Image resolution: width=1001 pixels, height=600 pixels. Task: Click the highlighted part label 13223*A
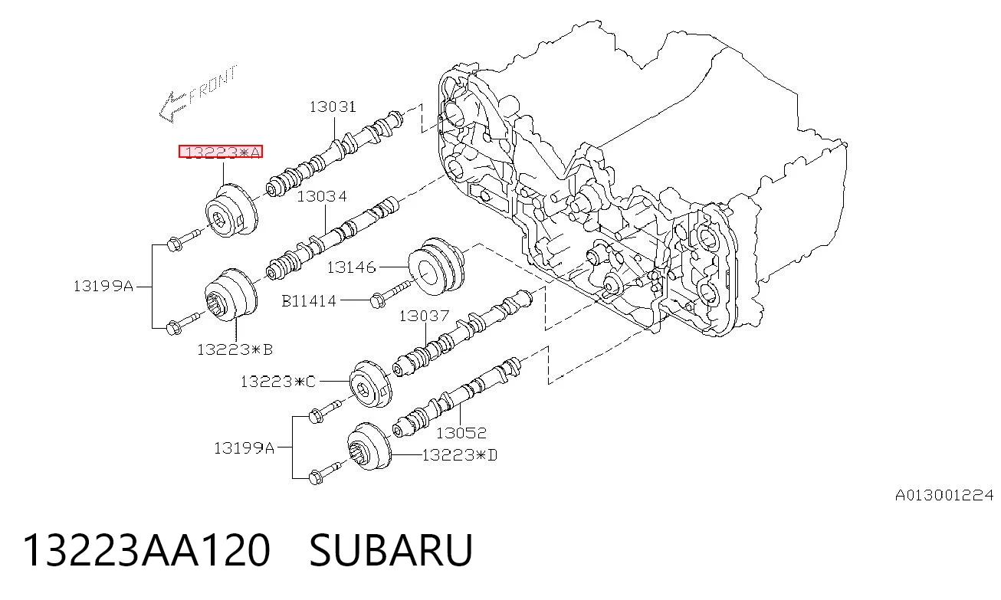pos(221,152)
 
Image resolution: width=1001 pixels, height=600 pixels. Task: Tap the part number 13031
pos(333,107)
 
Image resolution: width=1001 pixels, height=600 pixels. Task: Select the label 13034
pos(322,197)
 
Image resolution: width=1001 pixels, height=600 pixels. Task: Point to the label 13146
pos(351,267)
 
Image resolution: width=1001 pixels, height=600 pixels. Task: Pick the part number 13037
pos(424,316)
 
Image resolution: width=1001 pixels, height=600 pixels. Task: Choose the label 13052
pos(461,433)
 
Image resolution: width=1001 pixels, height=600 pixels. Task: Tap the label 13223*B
pos(235,349)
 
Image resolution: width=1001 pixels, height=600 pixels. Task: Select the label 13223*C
pos(278,382)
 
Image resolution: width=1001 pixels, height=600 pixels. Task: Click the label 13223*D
pos(460,455)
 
